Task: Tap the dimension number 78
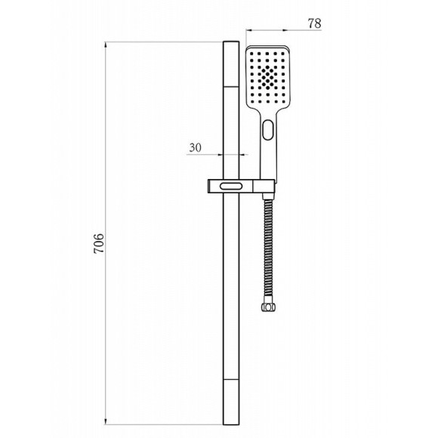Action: pyautogui.click(x=315, y=23)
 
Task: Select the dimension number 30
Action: pyautogui.click(x=195, y=147)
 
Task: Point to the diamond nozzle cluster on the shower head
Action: pyautogui.click(x=268, y=76)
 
